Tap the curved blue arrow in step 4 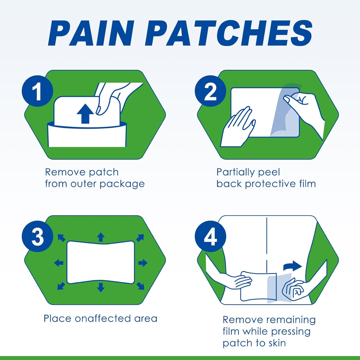[292, 267]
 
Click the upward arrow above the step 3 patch [100, 237]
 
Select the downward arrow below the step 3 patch [100, 288]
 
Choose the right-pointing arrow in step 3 [142, 262]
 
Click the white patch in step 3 [100, 262]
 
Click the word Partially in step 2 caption [237, 172]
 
